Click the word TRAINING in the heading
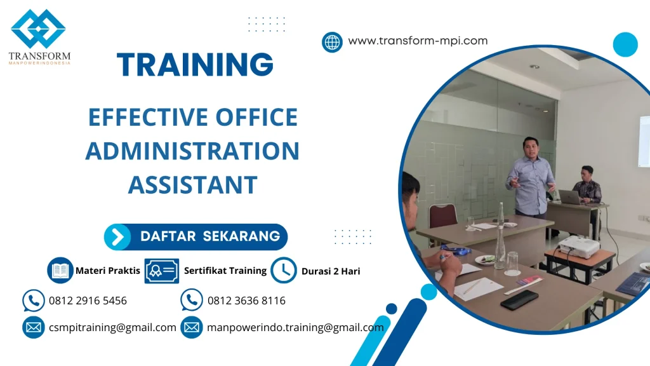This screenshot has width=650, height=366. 195,65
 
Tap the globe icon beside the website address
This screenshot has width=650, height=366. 332,42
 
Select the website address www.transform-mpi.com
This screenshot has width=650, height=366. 418,41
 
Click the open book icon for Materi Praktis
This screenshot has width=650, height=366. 60,270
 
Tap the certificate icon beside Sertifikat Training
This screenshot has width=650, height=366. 161,271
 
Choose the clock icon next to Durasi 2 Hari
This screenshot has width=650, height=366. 283,270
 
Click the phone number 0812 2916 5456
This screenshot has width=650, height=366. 88,301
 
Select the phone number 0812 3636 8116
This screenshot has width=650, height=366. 246,301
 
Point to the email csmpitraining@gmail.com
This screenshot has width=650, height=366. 112,328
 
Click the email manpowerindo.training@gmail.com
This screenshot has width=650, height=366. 295,328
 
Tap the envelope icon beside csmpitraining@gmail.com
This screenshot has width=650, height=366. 33,327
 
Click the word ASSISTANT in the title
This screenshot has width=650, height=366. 192,185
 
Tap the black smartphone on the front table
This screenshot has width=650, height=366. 519,299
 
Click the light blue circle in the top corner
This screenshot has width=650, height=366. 625,44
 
